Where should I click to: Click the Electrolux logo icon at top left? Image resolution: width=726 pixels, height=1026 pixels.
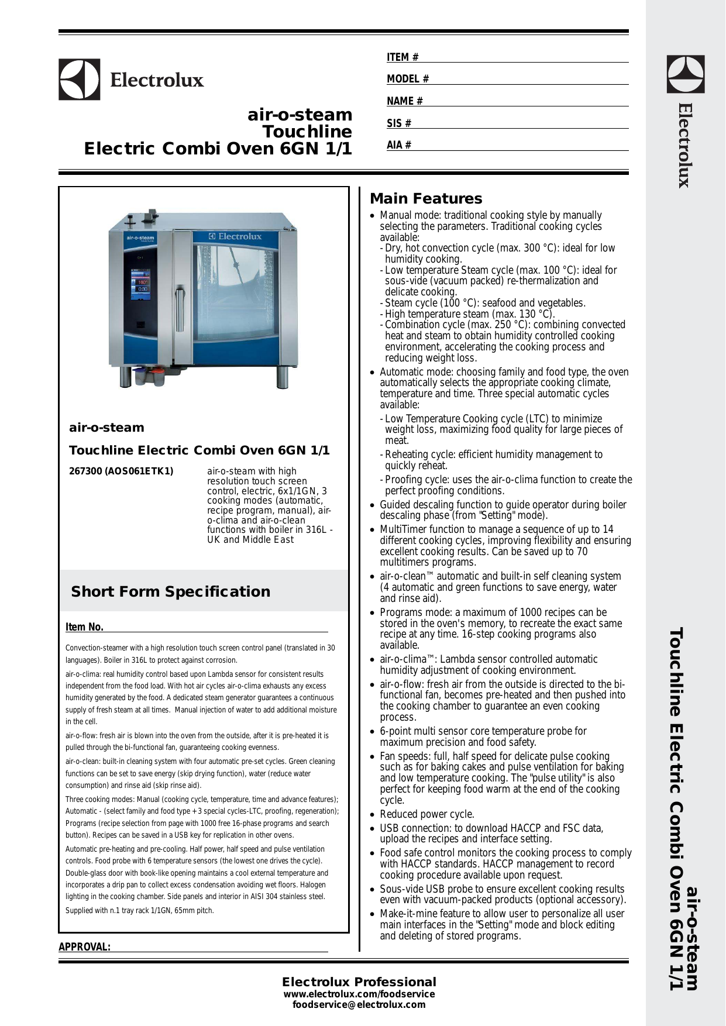(79, 80)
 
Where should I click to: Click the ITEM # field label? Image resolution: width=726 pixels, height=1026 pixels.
(402, 57)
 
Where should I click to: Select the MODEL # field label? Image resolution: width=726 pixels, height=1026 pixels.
(408, 79)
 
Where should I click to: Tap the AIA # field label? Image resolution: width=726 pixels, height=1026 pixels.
(399, 145)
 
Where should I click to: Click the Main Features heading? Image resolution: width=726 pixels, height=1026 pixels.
(426, 199)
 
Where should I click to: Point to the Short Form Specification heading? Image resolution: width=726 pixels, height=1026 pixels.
(171, 591)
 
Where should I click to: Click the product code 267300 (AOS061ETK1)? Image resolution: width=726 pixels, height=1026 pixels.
(121, 471)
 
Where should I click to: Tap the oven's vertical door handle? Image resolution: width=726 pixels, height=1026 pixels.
(179, 308)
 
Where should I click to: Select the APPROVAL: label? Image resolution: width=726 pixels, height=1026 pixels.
(84, 947)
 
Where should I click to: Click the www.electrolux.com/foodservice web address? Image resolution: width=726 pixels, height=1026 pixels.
(359, 994)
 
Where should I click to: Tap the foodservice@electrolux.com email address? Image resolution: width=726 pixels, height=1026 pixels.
(359, 1005)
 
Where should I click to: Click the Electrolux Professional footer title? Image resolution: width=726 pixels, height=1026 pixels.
(359, 982)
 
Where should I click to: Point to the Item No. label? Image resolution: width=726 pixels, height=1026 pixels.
(84, 627)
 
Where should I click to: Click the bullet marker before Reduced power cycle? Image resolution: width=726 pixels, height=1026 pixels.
(373, 815)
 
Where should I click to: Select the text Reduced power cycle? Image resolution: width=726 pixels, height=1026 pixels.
(427, 814)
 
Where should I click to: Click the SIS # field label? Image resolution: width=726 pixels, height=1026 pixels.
(399, 123)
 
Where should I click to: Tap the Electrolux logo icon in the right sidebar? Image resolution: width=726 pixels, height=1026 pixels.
(686, 74)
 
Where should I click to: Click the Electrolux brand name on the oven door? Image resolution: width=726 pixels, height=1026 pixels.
(236, 237)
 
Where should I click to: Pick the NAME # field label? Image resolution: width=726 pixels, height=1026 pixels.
(405, 101)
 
